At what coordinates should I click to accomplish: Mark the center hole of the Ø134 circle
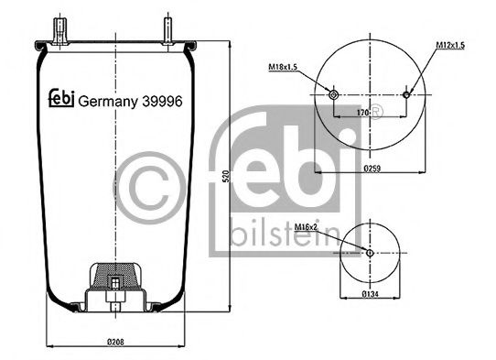(370, 253)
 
